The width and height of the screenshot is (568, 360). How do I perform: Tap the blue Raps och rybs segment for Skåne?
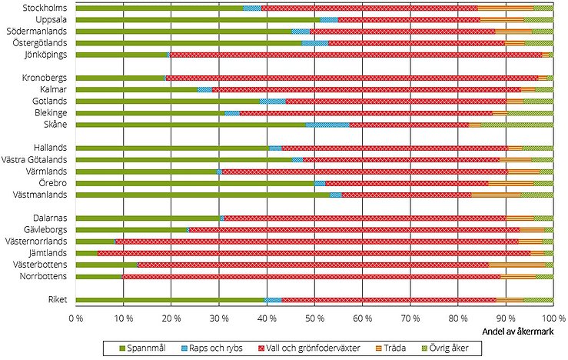pos(327,124)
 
